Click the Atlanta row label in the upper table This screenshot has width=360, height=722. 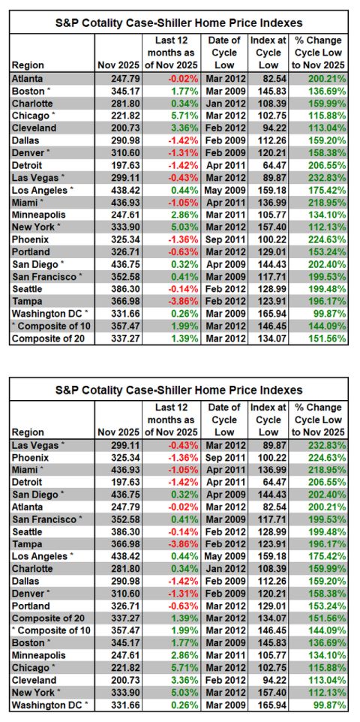pos(27,78)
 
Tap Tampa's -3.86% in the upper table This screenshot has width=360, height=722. pos(184,302)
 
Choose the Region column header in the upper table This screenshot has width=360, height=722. pos(28,65)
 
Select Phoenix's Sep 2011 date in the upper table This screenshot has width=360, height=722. pos(226,239)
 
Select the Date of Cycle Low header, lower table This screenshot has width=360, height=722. pos(225,420)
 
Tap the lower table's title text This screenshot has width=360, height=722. pos(179,390)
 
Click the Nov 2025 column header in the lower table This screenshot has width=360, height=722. pos(118,432)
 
